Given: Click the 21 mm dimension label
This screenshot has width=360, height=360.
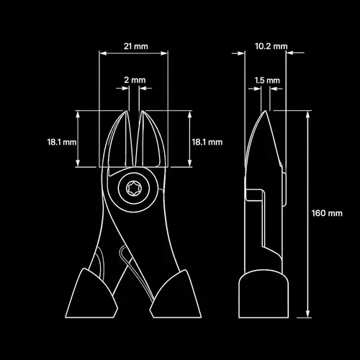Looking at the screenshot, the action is click(136, 46).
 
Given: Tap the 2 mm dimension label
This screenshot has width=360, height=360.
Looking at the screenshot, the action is click(135, 80).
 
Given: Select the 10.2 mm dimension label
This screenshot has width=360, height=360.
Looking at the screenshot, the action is click(271, 46).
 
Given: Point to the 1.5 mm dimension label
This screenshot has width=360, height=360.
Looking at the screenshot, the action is click(267, 81).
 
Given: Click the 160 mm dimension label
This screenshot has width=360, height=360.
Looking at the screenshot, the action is click(327, 213).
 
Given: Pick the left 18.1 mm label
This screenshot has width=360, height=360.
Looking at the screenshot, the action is click(62, 142).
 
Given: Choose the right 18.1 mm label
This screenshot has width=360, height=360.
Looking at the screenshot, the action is click(207, 142).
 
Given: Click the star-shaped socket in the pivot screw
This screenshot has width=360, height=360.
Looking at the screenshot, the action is click(134, 189).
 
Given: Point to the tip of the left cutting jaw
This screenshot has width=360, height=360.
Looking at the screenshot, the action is click(126, 111).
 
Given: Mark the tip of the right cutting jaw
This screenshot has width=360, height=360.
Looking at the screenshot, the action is click(142, 111).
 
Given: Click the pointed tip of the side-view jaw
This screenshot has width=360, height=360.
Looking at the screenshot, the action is click(265, 111).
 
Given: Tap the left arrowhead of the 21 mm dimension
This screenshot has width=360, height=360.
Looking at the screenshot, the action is click(103, 53).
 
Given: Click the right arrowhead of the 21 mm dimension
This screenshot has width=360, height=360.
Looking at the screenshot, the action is click(164, 53).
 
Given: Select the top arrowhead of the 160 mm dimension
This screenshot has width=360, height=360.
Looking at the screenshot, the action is click(308, 114).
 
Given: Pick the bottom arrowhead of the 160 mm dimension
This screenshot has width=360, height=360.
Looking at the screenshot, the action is click(308, 314).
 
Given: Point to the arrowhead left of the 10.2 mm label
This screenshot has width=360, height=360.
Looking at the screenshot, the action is click(241, 53).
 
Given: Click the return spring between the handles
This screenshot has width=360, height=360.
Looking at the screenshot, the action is click(135, 272).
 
